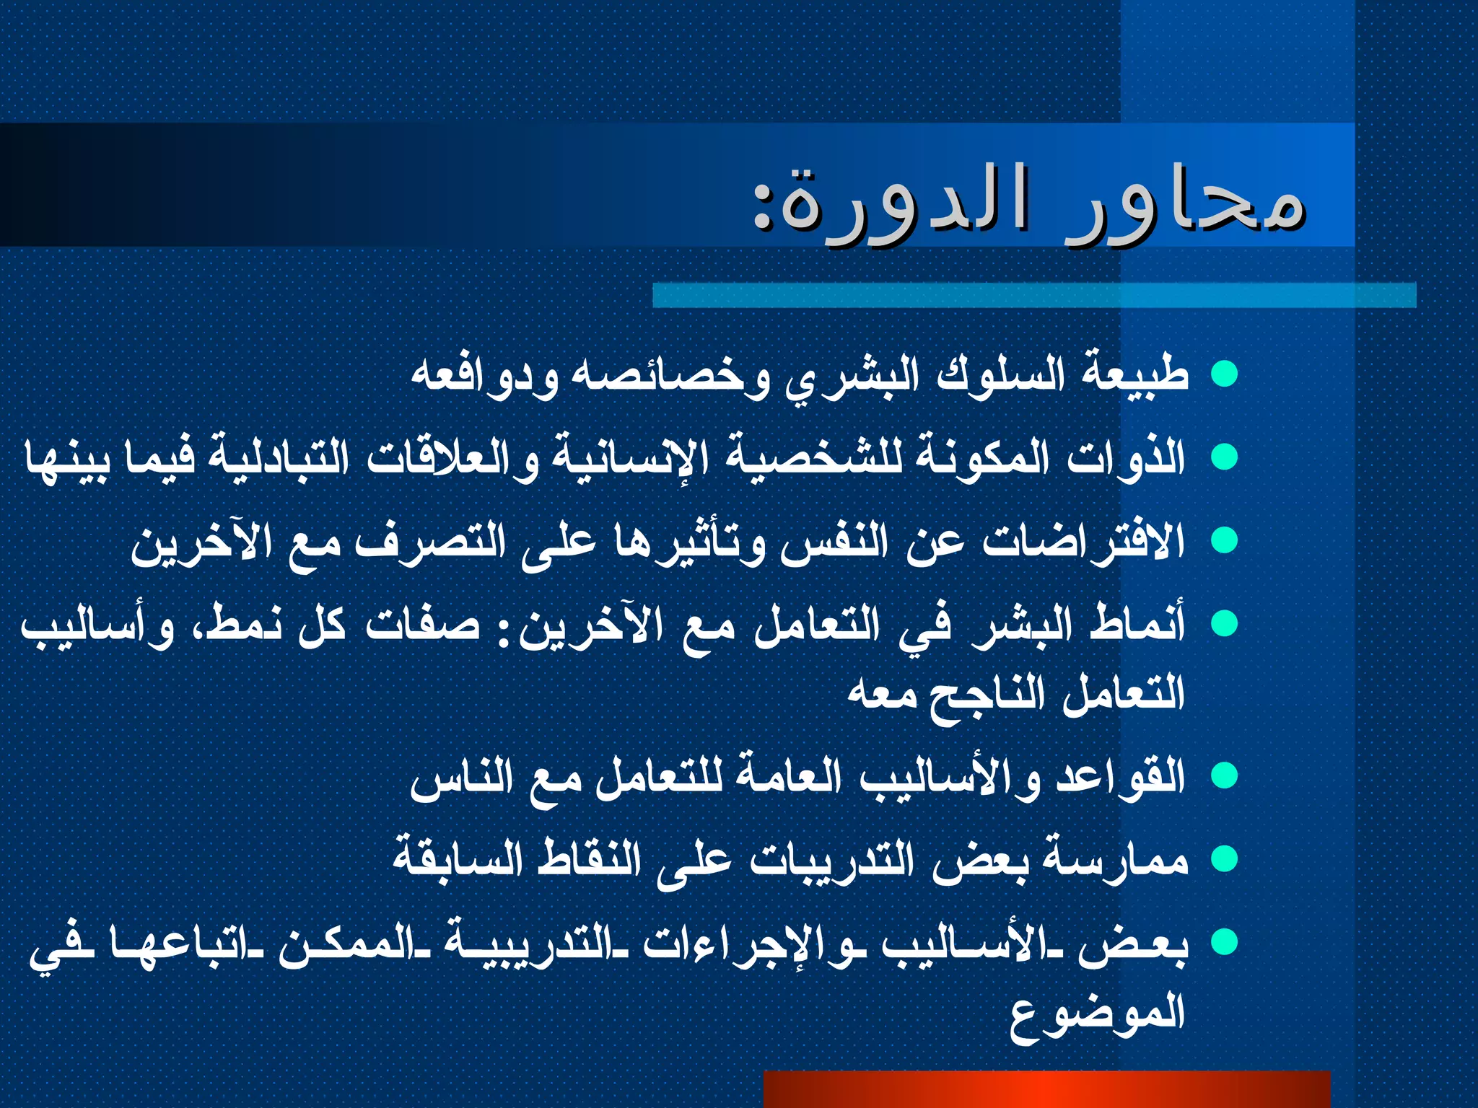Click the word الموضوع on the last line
1097,1014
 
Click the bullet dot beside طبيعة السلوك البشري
1224,374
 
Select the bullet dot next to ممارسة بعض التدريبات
1224,859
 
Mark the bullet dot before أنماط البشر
1224,623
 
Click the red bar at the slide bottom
1046,1089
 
